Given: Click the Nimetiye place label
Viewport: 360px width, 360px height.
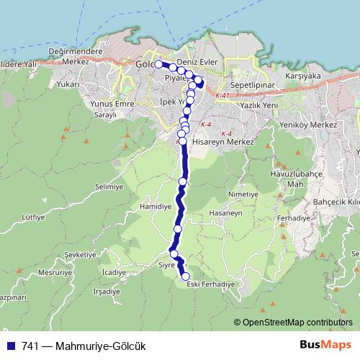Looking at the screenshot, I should [x=242, y=194].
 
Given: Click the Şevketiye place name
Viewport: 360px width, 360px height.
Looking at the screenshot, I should [x=80, y=255].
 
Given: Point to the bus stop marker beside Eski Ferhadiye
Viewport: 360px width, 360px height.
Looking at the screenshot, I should [x=186, y=276].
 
